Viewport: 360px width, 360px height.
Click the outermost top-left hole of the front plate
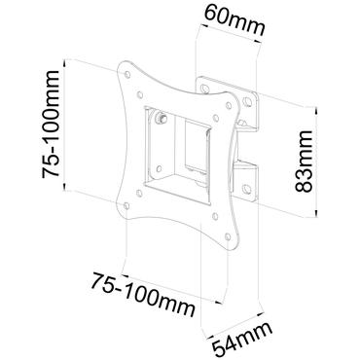point(125,70)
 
